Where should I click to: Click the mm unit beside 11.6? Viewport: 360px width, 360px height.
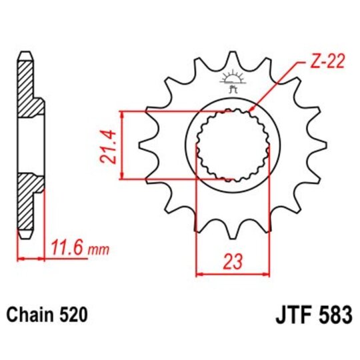[x=98, y=251]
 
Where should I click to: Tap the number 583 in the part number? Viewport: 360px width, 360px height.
[x=332, y=315]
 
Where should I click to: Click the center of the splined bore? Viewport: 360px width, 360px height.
[x=233, y=144]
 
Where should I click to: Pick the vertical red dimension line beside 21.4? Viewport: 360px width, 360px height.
[x=121, y=144]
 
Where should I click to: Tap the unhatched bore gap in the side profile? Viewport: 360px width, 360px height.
[x=30, y=144]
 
